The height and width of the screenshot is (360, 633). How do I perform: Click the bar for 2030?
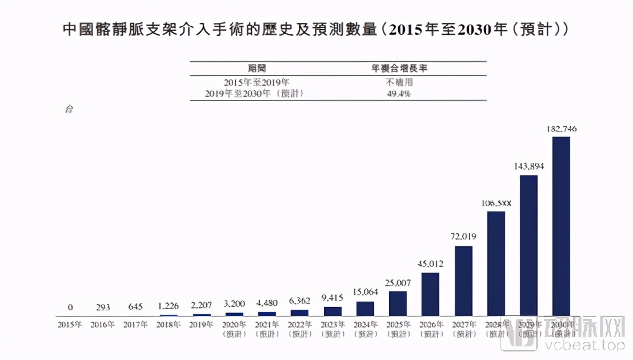coord(561,226)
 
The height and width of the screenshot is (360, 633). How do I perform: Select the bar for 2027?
coord(463,280)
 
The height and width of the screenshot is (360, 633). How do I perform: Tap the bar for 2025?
coord(398,303)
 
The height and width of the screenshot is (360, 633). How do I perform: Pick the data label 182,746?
coord(561,129)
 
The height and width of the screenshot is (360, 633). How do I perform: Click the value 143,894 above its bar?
coord(528,166)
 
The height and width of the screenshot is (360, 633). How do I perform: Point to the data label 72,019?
coord(463,237)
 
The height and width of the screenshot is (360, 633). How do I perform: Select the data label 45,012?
coord(430,263)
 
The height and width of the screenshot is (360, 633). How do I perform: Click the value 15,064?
coord(365,292)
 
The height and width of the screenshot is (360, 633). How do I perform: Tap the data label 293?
coord(103,307)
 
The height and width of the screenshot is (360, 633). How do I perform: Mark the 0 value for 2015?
coord(70,307)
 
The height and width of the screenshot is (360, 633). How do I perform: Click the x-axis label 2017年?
coord(136,325)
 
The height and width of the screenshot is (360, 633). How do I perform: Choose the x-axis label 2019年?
coord(201,325)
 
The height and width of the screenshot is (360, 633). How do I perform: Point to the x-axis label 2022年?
coord(299,325)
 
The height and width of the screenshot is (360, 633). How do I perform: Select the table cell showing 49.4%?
coord(399,94)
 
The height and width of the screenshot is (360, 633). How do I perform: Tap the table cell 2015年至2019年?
coord(255,82)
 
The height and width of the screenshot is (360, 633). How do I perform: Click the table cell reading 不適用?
coord(399,82)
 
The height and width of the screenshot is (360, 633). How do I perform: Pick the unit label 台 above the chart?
coord(69,109)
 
